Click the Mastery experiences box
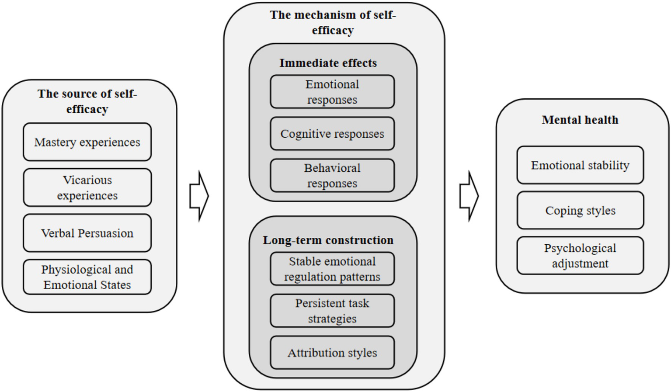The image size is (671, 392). (87, 142)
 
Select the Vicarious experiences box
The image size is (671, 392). (87, 187)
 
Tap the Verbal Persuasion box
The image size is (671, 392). (87, 233)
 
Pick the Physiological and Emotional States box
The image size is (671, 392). (87, 277)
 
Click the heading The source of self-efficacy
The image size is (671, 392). (87, 101)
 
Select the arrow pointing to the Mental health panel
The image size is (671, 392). (469, 196)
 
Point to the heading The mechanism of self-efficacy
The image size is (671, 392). (333, 22)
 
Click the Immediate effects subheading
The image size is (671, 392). (328, 63)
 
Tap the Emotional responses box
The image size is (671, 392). (332, 92)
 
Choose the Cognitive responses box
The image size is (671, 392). (332, 134)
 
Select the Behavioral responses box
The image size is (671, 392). (332, 176)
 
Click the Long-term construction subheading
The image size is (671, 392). (328, 240)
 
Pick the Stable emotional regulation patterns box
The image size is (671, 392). (332, 269)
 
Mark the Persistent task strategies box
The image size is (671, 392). (332, 311)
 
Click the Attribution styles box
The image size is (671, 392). (332, 353)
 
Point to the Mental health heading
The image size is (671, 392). (580, 120)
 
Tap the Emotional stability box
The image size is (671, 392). (580, 165)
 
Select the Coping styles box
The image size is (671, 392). (580, 211)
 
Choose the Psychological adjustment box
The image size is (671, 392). (580, 256)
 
